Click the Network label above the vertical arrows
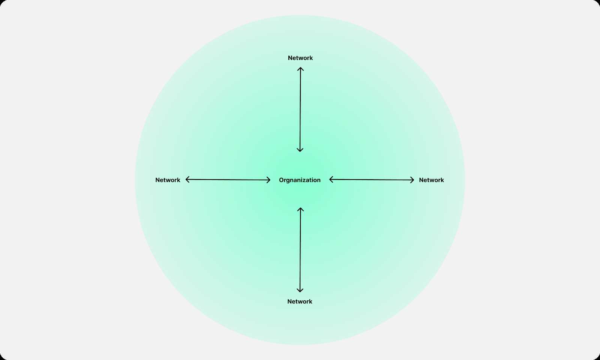[x=300, y=58]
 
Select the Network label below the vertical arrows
[x=300, y=301]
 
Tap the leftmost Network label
[x=168, y=180]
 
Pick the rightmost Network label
[x=431, y=180]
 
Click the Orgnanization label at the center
[x=300, y=180]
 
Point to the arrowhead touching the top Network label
[x=300, y=69]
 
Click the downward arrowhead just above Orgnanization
[x=300, y=150]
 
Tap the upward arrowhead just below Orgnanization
[x=300, y=209]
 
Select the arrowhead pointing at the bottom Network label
[x=300, y=290]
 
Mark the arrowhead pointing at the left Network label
[x=187, y=180]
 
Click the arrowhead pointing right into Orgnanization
[x=268, y=180]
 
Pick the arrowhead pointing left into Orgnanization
[x=331, y=180]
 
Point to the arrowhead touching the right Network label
[x=412, y=180]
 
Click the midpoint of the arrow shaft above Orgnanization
[x=300, y=109]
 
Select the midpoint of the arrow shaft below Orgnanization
[x=300, y=250]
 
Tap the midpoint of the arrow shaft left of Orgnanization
[x=228, y=180]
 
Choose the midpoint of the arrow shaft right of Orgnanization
[x=372, y=180]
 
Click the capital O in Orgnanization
[x=281, y=180]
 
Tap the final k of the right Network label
[x=442, y=180]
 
